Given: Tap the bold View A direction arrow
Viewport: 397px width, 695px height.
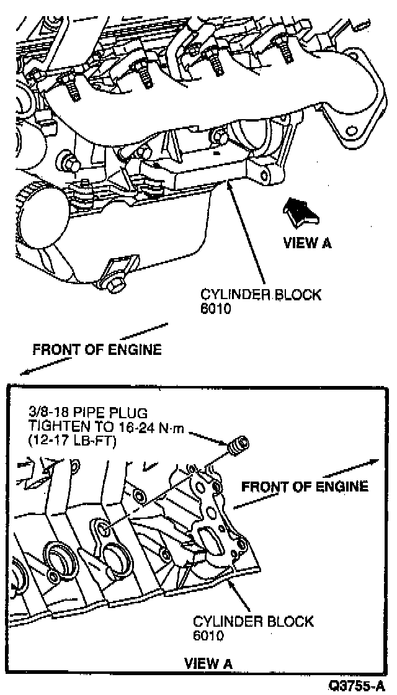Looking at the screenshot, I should tap(299, 212).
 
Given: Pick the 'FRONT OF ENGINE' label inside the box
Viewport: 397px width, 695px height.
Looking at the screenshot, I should tap(305, 486).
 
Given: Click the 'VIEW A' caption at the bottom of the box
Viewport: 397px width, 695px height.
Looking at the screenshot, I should tap(210, 664).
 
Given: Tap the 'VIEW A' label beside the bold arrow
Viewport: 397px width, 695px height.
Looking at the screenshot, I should tap(307, 243).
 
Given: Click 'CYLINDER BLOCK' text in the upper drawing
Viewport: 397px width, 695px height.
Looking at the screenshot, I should tap(261, 295).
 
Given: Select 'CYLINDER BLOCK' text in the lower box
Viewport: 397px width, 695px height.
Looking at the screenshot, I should tap(253, 622).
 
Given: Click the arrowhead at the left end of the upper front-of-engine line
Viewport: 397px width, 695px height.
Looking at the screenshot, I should tap(24, 372).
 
